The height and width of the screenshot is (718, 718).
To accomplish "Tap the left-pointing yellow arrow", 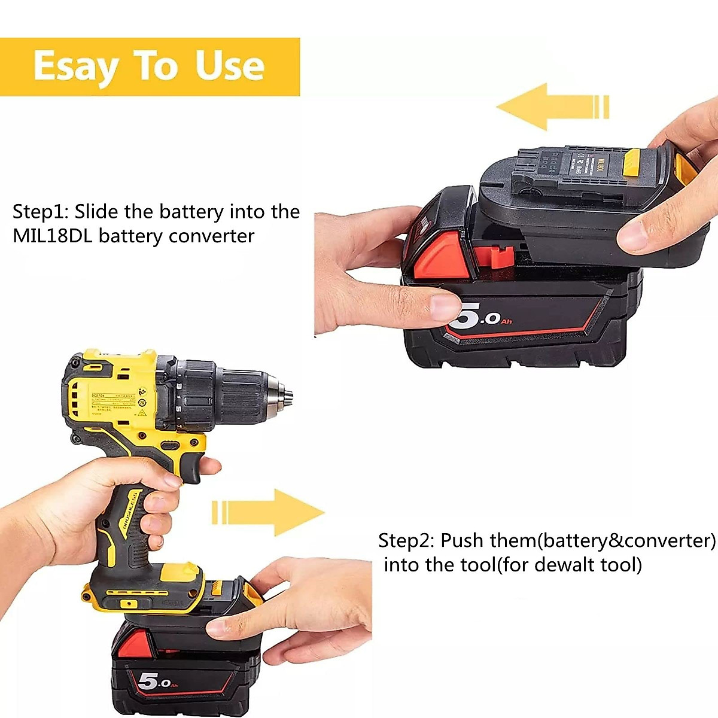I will pos(550,107).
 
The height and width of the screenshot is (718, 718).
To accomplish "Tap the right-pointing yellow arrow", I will pos(269,512).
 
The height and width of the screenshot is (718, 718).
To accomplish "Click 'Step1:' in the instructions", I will pos(40,212).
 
